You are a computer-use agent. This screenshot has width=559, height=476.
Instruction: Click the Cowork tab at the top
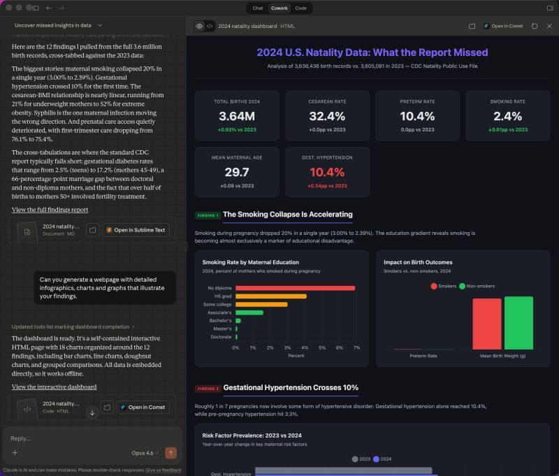279,8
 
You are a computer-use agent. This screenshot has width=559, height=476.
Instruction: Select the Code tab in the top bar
300,8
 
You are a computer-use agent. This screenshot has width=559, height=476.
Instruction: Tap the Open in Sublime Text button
136,230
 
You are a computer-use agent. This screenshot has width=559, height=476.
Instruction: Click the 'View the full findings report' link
50,210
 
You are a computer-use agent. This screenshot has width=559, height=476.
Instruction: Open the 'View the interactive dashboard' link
54,387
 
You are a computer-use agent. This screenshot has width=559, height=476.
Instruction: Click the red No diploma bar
295,288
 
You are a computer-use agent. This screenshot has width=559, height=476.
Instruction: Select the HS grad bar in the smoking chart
270,296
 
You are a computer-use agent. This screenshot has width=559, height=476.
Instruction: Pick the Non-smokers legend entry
477,286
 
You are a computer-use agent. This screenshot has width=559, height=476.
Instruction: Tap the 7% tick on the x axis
356,347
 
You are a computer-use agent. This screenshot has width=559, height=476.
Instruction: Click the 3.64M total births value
236,116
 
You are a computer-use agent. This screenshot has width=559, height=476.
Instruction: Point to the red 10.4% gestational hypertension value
327,172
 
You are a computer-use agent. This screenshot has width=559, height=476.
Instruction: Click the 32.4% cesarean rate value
326,116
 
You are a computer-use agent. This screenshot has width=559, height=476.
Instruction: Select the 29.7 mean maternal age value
237,172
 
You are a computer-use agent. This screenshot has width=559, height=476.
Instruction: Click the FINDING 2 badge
208,388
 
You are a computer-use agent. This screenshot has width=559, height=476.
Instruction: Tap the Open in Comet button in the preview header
503,26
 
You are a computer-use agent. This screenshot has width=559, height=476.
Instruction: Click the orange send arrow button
170,453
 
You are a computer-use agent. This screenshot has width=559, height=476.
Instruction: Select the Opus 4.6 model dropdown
145,453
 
